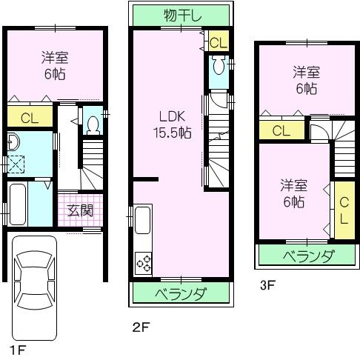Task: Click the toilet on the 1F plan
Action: (93, 124)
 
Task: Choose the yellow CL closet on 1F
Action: (30, 116)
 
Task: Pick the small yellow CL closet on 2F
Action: (218, 42)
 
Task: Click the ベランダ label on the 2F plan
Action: (180, 293)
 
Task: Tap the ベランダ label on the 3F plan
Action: (307, 256)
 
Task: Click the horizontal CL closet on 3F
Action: (281, 131)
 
